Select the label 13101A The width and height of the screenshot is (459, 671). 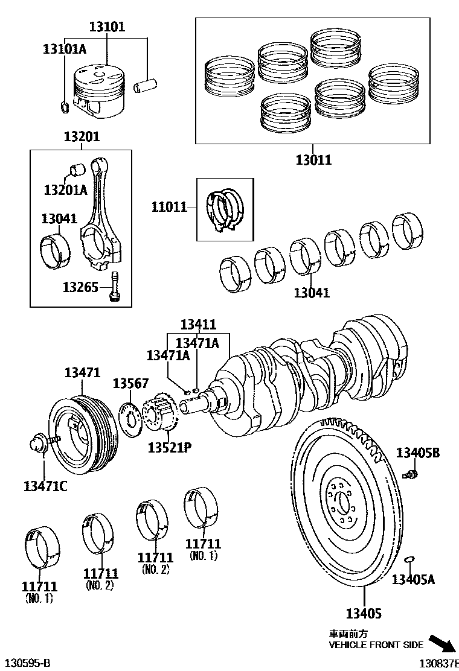[64, 49]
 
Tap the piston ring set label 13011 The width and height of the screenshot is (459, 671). [313, 160]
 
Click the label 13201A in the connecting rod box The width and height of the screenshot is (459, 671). [65, 190]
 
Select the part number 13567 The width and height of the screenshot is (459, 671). [130, 384]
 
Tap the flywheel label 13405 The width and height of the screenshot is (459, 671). [364, 614]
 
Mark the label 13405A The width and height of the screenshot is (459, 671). [413, 580]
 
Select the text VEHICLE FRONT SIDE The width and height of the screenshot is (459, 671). [375, 645]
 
